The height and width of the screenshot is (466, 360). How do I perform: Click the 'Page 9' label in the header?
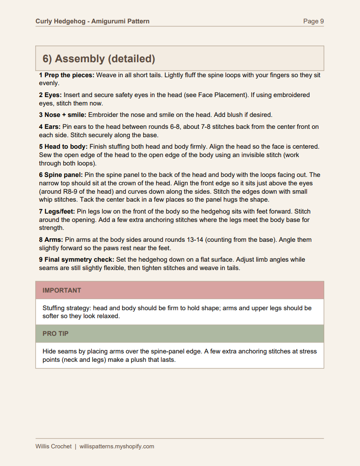(x=313, y=21)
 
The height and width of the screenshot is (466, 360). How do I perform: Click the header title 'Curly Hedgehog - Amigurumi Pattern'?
(x=92, y=21)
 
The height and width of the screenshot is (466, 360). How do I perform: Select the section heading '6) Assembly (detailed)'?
(x=99, y=59)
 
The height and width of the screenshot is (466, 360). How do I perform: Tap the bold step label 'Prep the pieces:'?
(x=69, y=75)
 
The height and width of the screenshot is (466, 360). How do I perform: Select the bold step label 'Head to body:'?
(x=66, y=147)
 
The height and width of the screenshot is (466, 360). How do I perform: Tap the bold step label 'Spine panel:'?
(x=63, y=175)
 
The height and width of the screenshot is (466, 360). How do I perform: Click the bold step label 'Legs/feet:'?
(x=60, y=211)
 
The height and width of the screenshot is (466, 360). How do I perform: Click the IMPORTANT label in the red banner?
(x=62, y=290)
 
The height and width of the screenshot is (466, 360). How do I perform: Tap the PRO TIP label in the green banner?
(x=56, y=334)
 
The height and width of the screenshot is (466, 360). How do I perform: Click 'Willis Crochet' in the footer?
(x=53, y=446)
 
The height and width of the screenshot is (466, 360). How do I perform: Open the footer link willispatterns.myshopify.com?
(x=117, y=446)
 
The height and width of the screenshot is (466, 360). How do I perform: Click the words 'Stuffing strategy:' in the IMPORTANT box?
(x=67, y=308)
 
